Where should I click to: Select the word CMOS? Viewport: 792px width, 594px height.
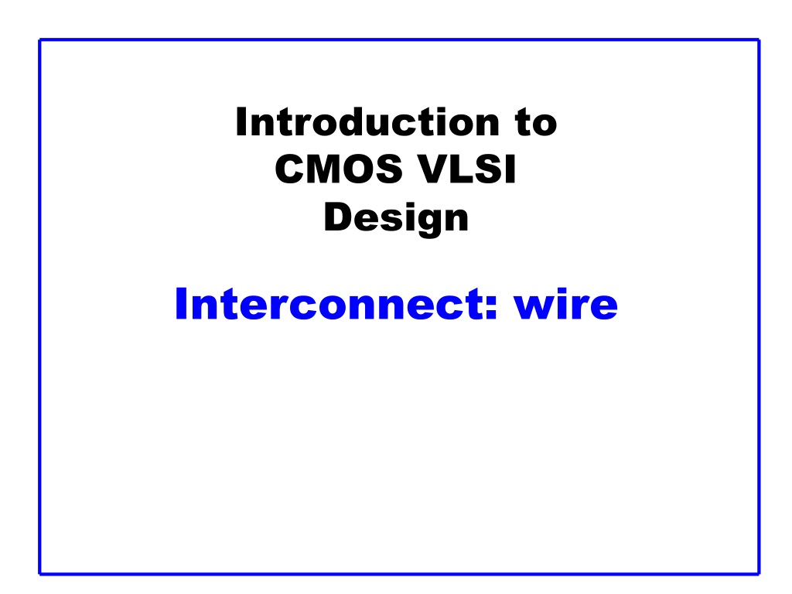pos(339,169)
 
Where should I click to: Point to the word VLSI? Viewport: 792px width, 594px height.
pos(468,169)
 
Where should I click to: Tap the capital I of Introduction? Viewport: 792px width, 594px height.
pos(241,121)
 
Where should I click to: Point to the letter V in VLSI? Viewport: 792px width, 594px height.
pos(435,169)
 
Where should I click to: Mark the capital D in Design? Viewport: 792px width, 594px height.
pos(339,217)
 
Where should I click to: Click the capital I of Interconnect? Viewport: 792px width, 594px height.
pos(180,303)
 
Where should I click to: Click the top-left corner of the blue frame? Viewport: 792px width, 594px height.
pos(39,39)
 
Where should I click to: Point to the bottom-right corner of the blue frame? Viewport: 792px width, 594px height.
pos(760,574)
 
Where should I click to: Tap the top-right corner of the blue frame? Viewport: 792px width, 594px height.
pos(760,39)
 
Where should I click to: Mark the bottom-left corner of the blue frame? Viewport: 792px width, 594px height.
pos(39,574)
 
